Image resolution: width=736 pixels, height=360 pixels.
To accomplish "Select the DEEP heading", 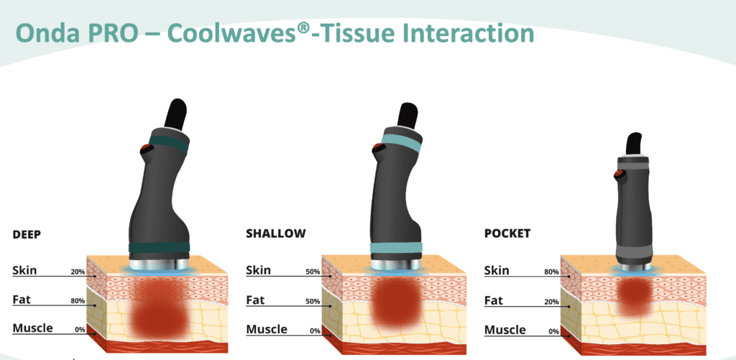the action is tap(27, 235).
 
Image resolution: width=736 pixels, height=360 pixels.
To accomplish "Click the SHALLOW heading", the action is tap(276, 234).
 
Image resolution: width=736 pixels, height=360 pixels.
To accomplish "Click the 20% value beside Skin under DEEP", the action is tap(78, 272).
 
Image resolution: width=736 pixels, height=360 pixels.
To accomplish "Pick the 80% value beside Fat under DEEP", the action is tap(78, 301).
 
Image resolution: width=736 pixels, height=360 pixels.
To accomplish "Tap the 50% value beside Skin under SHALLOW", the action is tap(313, 272).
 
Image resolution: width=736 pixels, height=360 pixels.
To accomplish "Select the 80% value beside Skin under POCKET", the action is tap(551, 272).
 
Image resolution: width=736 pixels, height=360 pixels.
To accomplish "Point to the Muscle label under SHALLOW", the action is tap(267, 329).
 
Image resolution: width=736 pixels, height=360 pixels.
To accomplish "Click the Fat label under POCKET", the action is tap(493, 300).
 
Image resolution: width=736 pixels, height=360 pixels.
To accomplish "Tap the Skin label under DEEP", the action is tap(24, 270).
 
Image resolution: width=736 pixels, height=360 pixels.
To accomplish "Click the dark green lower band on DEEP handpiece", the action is tap(159, 247).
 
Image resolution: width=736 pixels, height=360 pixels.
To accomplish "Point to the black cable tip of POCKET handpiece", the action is tap(635, 144).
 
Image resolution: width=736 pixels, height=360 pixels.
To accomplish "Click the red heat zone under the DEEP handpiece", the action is tap(160, 308).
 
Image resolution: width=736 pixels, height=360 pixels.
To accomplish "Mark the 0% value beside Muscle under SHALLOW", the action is tap(315, 331).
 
